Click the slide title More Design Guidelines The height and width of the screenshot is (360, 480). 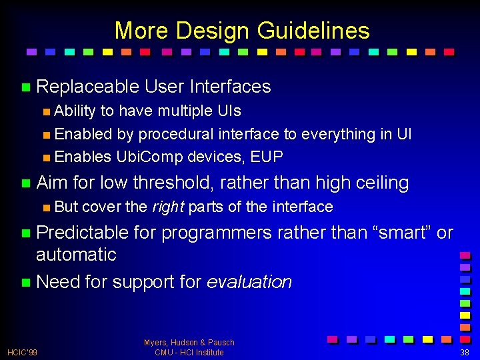(x=241, y=31)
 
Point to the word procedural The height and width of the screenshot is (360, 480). (x=175, y=134)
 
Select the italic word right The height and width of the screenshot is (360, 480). (x=169, y=207)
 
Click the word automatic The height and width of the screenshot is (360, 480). (x=76, y=254)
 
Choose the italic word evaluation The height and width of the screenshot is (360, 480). (x=249, y=282)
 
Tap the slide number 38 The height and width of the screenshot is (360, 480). (x=465, y=352)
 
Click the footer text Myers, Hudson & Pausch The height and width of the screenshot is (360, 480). (x=189, y=342)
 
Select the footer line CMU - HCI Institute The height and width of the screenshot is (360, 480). (x=189, y=352)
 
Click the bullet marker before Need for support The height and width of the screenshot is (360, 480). (x=25, y=283)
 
